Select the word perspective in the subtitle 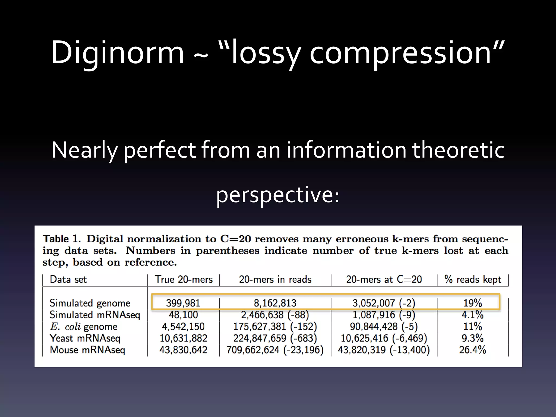[x=277, y=195]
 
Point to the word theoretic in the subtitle [x=458, y=150]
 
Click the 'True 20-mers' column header [x=184, y=279]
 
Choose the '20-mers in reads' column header [x=275, y=279]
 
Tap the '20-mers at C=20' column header [x=384, y=279]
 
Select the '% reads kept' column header [x=473, y=279]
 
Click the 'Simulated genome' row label [x=90, y=303]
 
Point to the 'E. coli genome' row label [x=84, y=327]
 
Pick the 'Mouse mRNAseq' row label [x=87, y=350]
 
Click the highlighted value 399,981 [x=183, y=303]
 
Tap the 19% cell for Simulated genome [x=473, y=303]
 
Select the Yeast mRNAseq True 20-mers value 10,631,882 [x=183, y=338]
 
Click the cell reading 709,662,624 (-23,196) [x=275, y=350]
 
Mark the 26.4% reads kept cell [x=473, y=350]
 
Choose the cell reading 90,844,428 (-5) [x=384, y=327]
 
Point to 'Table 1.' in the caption [x=62, y=239]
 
